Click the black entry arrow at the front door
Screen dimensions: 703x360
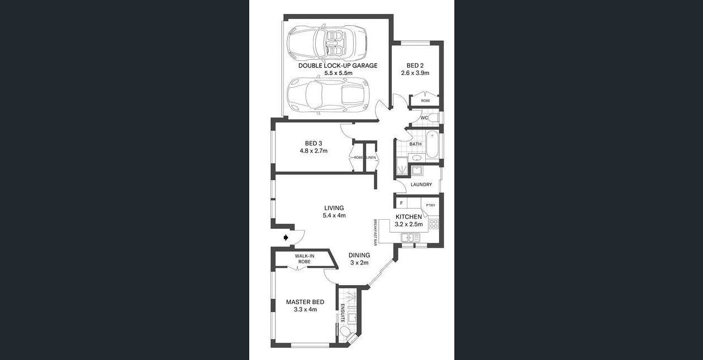286,238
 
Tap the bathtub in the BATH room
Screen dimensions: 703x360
432,144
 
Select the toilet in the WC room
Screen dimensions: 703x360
434,118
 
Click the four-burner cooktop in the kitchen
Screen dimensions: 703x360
434,224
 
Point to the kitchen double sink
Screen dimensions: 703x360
410,238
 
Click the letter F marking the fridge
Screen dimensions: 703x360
401,203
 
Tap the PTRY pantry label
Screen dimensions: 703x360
431,205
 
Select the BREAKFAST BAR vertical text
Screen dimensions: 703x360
375,232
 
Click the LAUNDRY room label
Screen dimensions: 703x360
421,184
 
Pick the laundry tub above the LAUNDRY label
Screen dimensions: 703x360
417,170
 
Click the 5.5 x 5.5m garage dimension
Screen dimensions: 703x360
338,73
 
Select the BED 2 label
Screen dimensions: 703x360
415,65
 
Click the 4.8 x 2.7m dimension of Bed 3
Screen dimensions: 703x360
313,151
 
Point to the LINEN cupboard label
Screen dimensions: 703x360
371,157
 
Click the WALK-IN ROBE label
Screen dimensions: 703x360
305,259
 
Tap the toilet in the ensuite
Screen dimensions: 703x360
345,331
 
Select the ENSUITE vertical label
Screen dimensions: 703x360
343,313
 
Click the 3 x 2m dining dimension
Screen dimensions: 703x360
359,263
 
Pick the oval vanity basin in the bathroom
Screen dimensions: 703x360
417,158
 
